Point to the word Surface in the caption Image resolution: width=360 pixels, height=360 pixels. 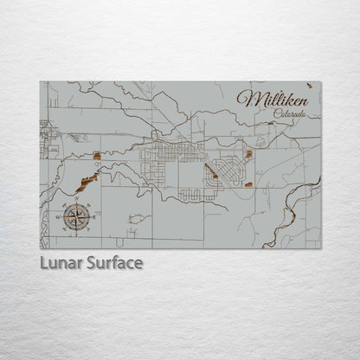point(112,262)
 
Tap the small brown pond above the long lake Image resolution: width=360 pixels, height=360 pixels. point(97,157)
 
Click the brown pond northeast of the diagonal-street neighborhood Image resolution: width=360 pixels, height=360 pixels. point(248,154)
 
